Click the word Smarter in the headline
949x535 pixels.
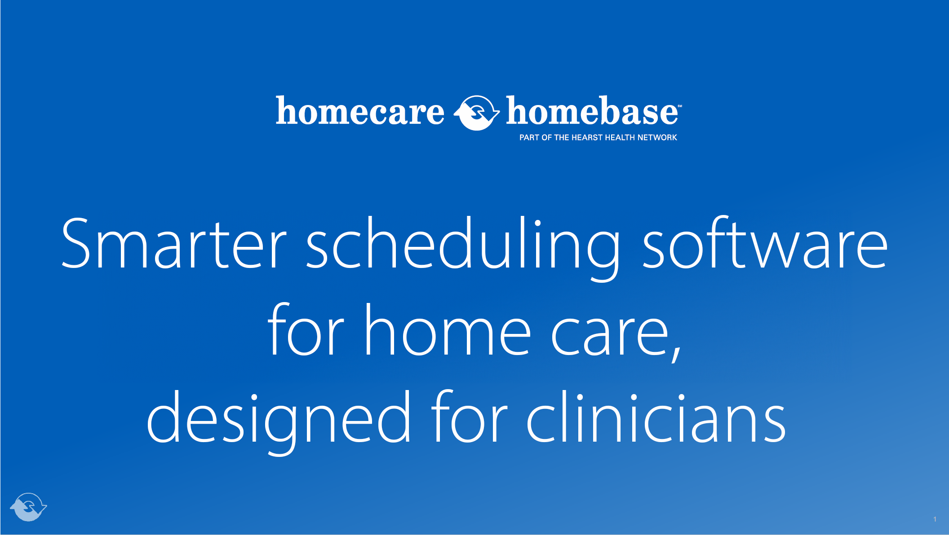click(173, 245)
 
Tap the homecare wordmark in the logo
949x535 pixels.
click(360, 111)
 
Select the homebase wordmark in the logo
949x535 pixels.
click(591, 111)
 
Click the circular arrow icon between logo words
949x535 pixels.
click(476, 113)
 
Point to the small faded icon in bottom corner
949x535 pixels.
click(28, 507)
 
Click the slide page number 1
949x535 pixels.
click(935, 519)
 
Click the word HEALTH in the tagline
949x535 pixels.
click(620, 138)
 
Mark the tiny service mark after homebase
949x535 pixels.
click(680, 106)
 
